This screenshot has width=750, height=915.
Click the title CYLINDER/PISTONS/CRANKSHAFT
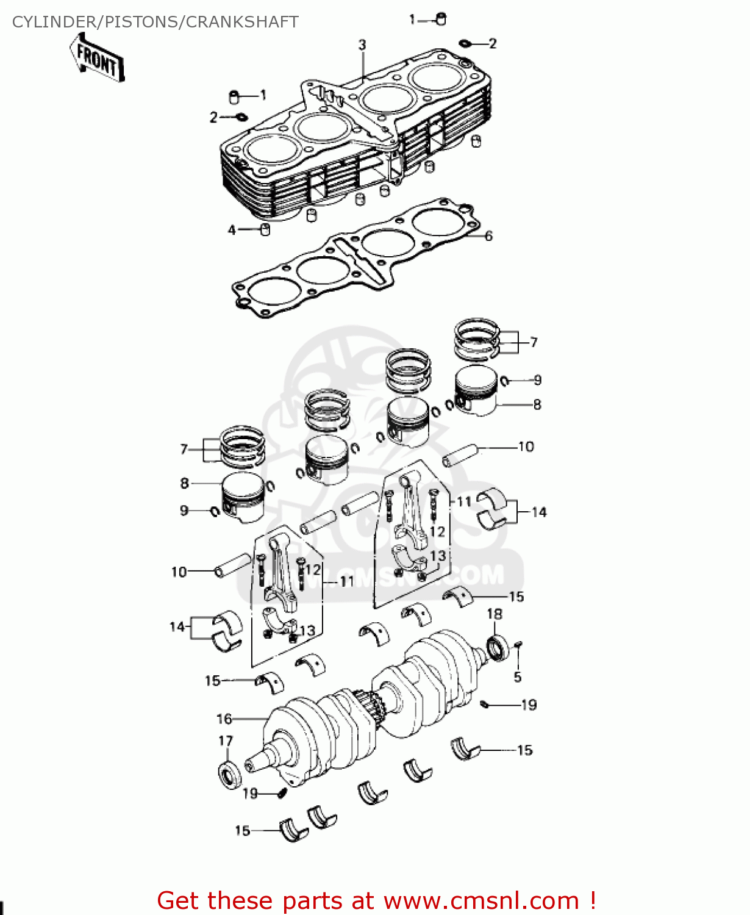pyautogui.click(x=155, y=22)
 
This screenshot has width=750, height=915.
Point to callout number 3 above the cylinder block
pyautogui.click(x=362, y=45)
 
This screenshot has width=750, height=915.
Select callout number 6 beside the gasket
pyautogui.click(x=488, y=236)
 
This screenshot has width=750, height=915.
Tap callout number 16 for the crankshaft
pyautogui.click(x=224, y=719)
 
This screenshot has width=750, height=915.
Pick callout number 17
pyautogui.click(x=226, y=741)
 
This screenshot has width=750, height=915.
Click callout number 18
pyautogui.click(x=495, y=614)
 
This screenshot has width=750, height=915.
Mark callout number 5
pyautogui.click(x=518, y=676)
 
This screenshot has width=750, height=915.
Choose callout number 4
pyautogui.click(x=232, y=230)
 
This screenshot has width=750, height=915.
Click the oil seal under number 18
pyautogui.click(x=498, y=648)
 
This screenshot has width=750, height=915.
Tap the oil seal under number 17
pyautogui.click(x=230, y=775)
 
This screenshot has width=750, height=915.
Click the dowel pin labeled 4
pyautogui.click(x=265, y=229)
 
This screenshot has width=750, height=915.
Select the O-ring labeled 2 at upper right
pyautogui.click(x=465, y=43)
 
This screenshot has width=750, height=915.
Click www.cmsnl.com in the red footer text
pyautogui.click(x=481, y=900)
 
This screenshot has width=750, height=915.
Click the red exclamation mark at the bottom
pyautogui.click(x=592, y=900)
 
